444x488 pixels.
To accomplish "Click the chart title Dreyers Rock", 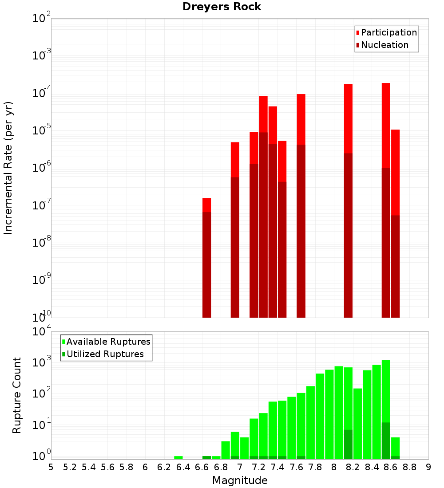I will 222,7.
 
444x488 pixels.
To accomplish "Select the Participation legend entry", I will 388,33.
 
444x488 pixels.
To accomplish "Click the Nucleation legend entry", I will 384,45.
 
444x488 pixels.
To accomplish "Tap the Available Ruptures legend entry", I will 108,342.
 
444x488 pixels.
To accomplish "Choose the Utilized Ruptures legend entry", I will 105,354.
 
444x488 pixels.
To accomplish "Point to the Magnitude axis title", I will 240,480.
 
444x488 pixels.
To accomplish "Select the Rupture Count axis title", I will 17,395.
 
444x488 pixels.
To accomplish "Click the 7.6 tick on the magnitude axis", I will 296,467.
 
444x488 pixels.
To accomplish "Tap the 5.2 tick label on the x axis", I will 70,467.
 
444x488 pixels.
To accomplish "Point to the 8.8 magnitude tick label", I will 409,467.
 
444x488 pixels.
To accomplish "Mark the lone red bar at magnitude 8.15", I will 348,200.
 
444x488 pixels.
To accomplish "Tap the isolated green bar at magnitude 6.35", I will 178,457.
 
